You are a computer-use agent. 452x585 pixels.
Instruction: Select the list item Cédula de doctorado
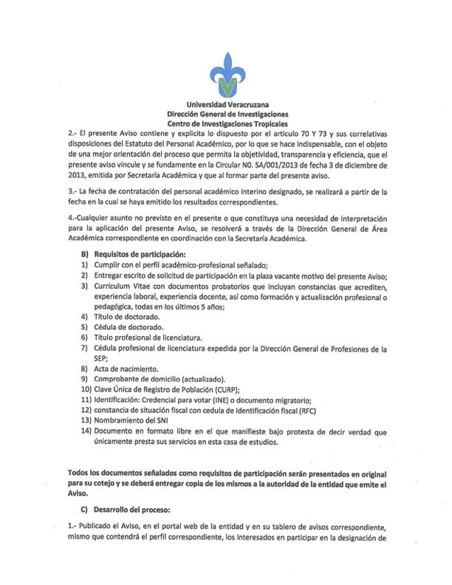(x=126, y=326)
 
